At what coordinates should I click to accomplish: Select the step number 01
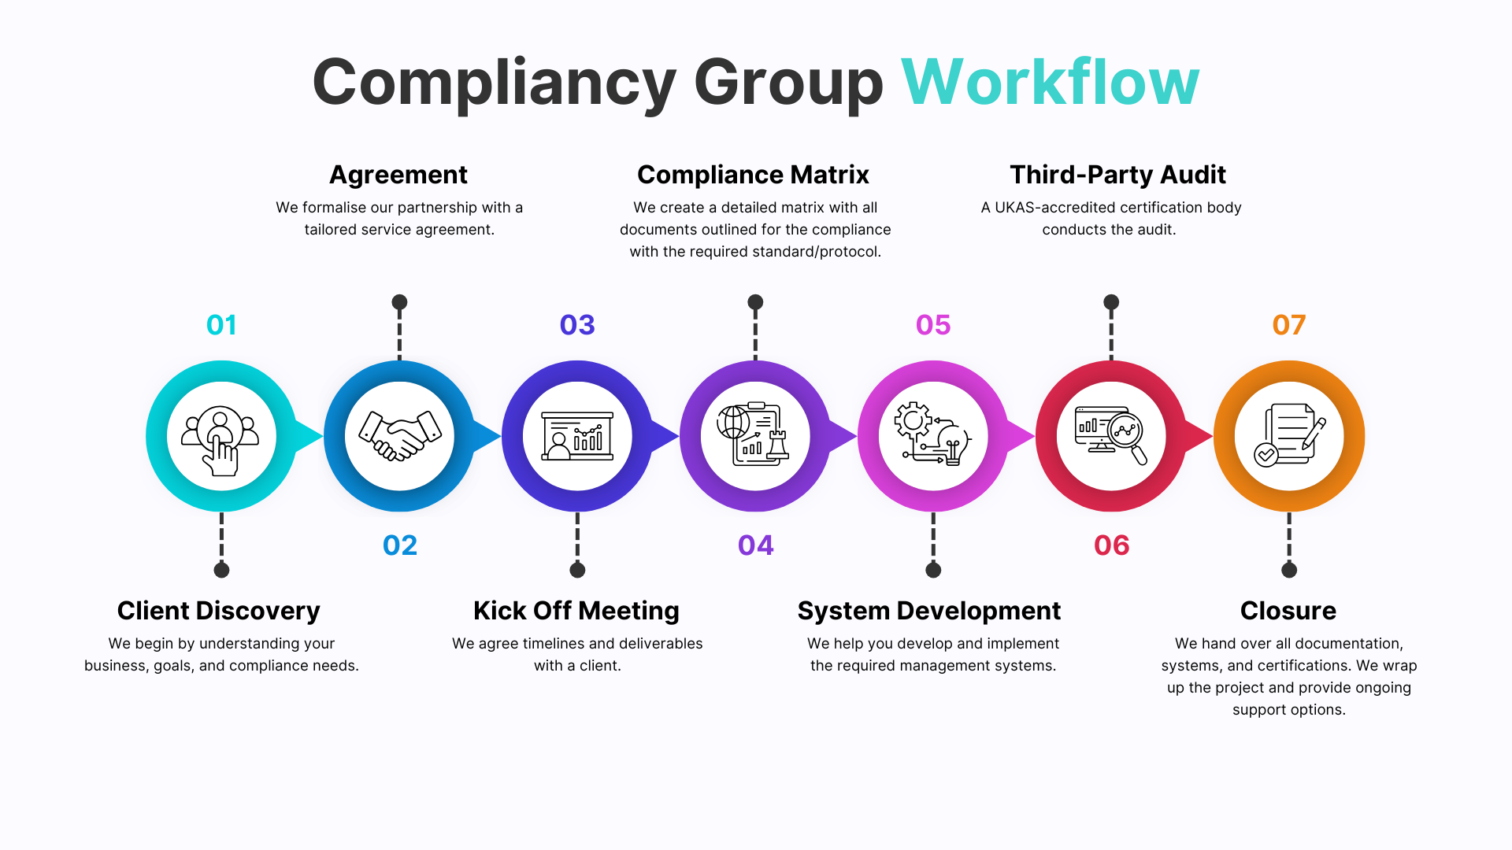point(221,325)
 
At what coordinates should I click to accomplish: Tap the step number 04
point(755,545)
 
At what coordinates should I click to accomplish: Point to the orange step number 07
point(1289,325)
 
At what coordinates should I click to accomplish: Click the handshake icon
point(399,436)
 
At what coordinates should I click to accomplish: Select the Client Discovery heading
point(219,611)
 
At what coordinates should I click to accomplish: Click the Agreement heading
point(398,175)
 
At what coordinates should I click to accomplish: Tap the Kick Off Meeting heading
point(576,611)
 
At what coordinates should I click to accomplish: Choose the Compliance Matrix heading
point(753,175)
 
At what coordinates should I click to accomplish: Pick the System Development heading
point(929,611)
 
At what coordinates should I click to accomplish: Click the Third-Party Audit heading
point(1117,175)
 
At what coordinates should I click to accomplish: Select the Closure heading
point(1288,611)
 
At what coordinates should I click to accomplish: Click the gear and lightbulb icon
point(933,434)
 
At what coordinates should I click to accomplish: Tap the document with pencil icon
point(1289,436)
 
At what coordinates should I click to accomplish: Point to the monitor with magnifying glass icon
point(1111,434)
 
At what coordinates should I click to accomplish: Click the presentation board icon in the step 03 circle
point(577,436)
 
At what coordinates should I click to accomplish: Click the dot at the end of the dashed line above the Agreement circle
point(399,302)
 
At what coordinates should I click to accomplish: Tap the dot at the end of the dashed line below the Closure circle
point(1289,570)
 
